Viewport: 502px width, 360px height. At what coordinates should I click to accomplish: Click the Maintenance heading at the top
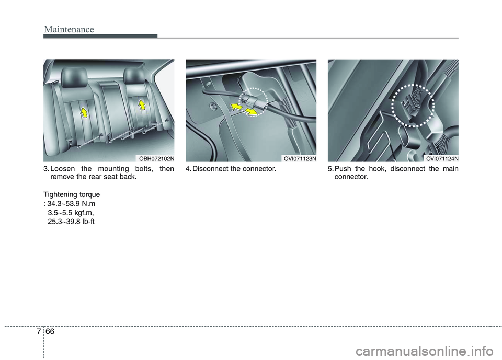pyautogui.click(x=69, y=29)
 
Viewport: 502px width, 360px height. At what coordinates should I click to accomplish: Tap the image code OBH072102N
pyautogui.click(x=156, y=158)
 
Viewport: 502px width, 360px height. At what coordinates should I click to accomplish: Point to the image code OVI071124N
pyautogui.click(x=441, y=158)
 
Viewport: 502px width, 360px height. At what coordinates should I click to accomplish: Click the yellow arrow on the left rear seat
pyautogui.click(x=84, y=111)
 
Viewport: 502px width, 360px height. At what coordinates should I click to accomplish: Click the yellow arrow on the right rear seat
pyautogui.click(x=142, y=106)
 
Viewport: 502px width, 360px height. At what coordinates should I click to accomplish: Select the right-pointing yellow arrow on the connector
pyautogui.click(x=252, y=111)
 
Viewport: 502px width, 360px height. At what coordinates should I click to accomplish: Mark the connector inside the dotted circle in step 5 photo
pyautogui.click(x=414, y=105)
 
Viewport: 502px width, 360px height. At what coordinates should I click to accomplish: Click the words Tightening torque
pyautogui.click(x=71, y=194)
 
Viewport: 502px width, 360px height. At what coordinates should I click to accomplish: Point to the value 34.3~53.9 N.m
pyautogui.click(x=71, y=203)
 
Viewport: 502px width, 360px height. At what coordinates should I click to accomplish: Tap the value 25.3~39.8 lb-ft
pyautogui.click(x=71, y=221)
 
